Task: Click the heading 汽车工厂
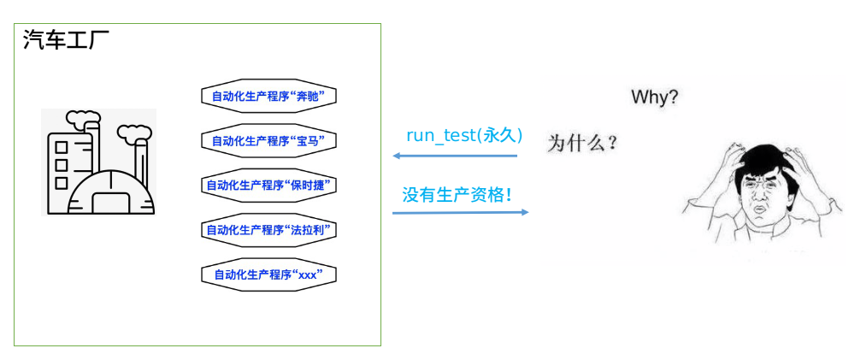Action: coord(66,40)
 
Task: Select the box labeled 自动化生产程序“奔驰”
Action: coord(268,96)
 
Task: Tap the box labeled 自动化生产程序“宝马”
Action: coord(268,141)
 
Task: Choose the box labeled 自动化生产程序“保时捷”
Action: coord(268,186)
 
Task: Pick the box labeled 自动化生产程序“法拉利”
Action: coord(268,230)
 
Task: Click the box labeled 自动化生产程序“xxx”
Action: coord(268,274)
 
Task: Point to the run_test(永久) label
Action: coord(464,135)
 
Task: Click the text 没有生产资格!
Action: coord(457,195)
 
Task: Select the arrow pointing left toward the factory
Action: coord(455,156)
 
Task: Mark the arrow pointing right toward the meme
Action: coord(461,212)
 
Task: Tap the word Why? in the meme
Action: coord(654,98)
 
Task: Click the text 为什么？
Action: coord(582,144)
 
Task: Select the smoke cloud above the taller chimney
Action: coord(82,118)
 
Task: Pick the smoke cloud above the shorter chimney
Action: coord(133,132)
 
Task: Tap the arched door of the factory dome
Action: coord(112,203)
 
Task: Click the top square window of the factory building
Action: coord(62,147)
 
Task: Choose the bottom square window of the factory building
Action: coord(62,183)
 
